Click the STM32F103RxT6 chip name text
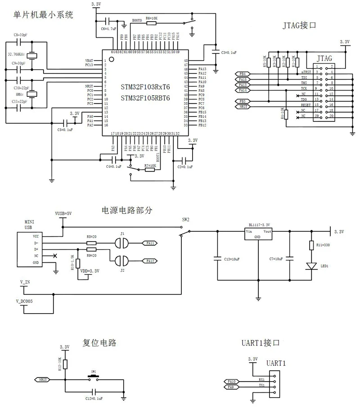point(145,86)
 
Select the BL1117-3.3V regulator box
point(258,234)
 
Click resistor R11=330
point(311,245)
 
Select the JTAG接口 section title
point(300,26)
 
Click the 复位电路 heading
point(99,343)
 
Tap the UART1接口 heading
point(261,343)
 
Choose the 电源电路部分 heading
point(128,210)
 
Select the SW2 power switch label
point(185,220)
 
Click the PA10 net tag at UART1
point(231,381)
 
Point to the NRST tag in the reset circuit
point(42,379)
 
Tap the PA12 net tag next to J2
point(150,261)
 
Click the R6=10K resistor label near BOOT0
point(151,18)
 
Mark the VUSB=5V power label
point(63,214)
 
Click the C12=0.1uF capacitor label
point(94,399)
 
